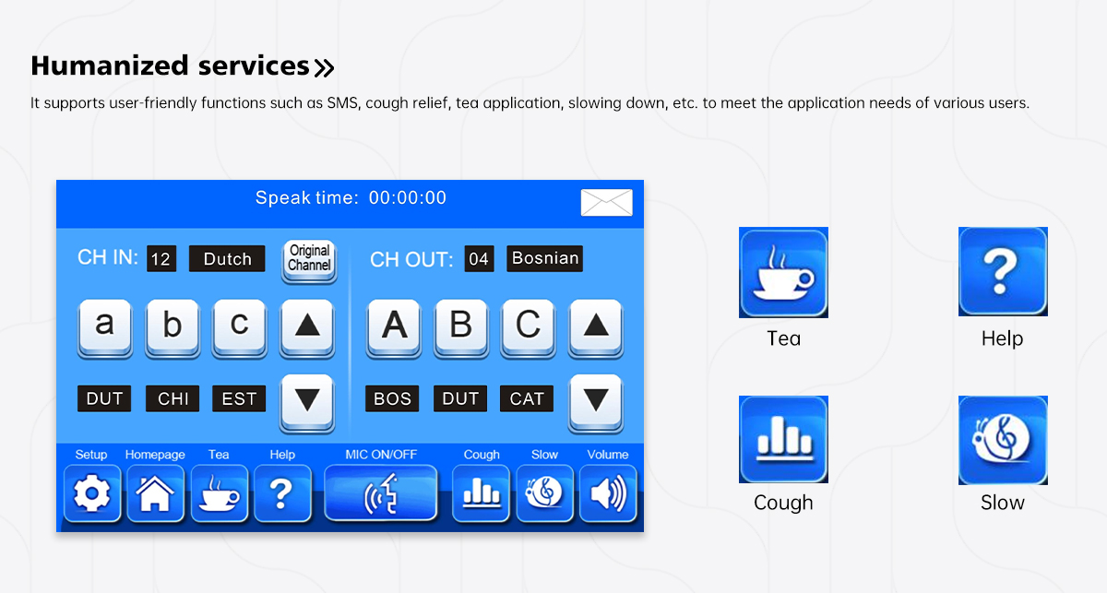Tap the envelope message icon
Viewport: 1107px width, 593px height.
(x=606, y=203)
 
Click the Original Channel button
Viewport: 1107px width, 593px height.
(x=309, y=260)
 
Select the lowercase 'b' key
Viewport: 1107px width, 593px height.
(x=173, y=327)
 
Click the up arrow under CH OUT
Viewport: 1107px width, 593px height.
(x=596, y=327)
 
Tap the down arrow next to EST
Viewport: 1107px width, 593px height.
(x=307, y=403)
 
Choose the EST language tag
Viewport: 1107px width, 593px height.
(x=239, y=398)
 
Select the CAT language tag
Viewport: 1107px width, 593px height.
(x=527, y=398)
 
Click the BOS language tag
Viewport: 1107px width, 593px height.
(x=392, y=398)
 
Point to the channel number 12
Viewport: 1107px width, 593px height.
(x=161, y=258)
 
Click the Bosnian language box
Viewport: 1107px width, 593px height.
(x=544, y=258)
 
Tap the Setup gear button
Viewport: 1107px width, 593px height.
(x=92, y=493)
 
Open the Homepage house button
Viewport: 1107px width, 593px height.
(x=156, y=493)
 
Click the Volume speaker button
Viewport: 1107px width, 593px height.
(x=608, y=493)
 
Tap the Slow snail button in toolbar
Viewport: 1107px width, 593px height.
(x=545, y=493)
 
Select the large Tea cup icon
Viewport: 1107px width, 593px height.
(x=783, y=272)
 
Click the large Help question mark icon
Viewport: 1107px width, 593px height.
(x=1003, y=271)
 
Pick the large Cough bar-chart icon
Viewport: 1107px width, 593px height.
(x=783, y=439)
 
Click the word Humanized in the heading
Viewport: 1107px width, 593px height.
(x=110, y=65)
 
